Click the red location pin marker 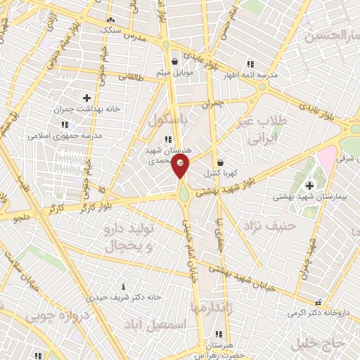pyautogui.click(x=181, y=166)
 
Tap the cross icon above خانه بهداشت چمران pyautogui.click(x=86, y=97)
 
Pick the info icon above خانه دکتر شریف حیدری pyautogui.click(x=124, y=286)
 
